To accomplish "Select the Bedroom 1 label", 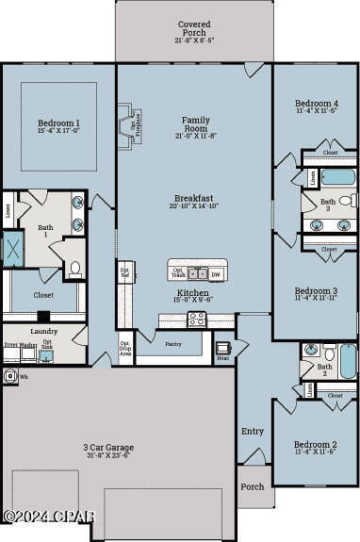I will click(58, 123).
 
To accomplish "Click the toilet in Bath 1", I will click(75, 270).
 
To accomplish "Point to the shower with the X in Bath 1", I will click(14, 248).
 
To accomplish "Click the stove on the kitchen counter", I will click(197, 319).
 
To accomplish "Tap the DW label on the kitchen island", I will click(215, 274).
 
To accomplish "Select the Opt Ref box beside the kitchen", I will click(123, 272).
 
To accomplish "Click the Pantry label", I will click(172, 345).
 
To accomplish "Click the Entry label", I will click(253, 431).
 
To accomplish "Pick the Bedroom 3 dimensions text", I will click(315, 299).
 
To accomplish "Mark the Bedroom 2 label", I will click(315, 444).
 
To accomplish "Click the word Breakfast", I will click(194, 198).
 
